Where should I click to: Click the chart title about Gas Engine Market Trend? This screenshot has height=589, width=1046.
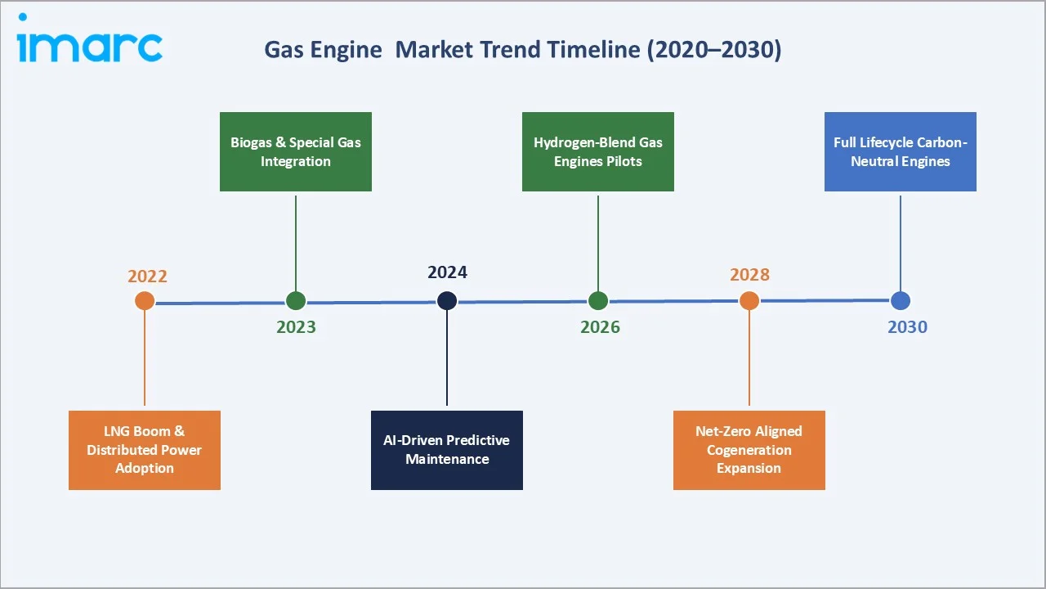tap(522, 50)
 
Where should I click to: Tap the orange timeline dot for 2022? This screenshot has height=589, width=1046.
tap(145, 301)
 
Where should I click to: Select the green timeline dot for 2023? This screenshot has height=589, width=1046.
tap(296, 301)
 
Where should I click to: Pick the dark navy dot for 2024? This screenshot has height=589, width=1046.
tap(447, 301)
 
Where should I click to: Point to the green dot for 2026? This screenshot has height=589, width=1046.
tap(598, 301)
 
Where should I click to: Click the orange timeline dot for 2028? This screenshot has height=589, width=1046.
tap(749, 301)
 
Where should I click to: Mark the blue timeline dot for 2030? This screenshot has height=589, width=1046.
tap(901, 301)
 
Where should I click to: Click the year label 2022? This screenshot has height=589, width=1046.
tap(147, 277)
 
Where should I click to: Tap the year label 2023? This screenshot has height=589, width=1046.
tap(296, 327)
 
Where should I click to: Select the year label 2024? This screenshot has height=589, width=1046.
tap(447, 273)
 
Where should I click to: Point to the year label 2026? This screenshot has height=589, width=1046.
tap(600, 327)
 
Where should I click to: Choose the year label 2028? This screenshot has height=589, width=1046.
tap(749, 275)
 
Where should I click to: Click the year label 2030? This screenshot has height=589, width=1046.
tap(907, 327)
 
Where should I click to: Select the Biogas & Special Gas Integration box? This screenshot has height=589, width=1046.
tap(296, 152)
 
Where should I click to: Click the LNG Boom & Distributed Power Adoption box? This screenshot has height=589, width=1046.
tap(145, 450)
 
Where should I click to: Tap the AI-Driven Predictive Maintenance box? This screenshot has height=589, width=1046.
tap(447, 450)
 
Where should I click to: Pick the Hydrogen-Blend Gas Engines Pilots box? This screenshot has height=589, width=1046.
tap(598, 152)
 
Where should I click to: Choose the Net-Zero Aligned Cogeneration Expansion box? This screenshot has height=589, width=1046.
tap(749, 450)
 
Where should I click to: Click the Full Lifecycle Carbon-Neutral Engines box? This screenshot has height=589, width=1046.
tap(901, 152)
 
